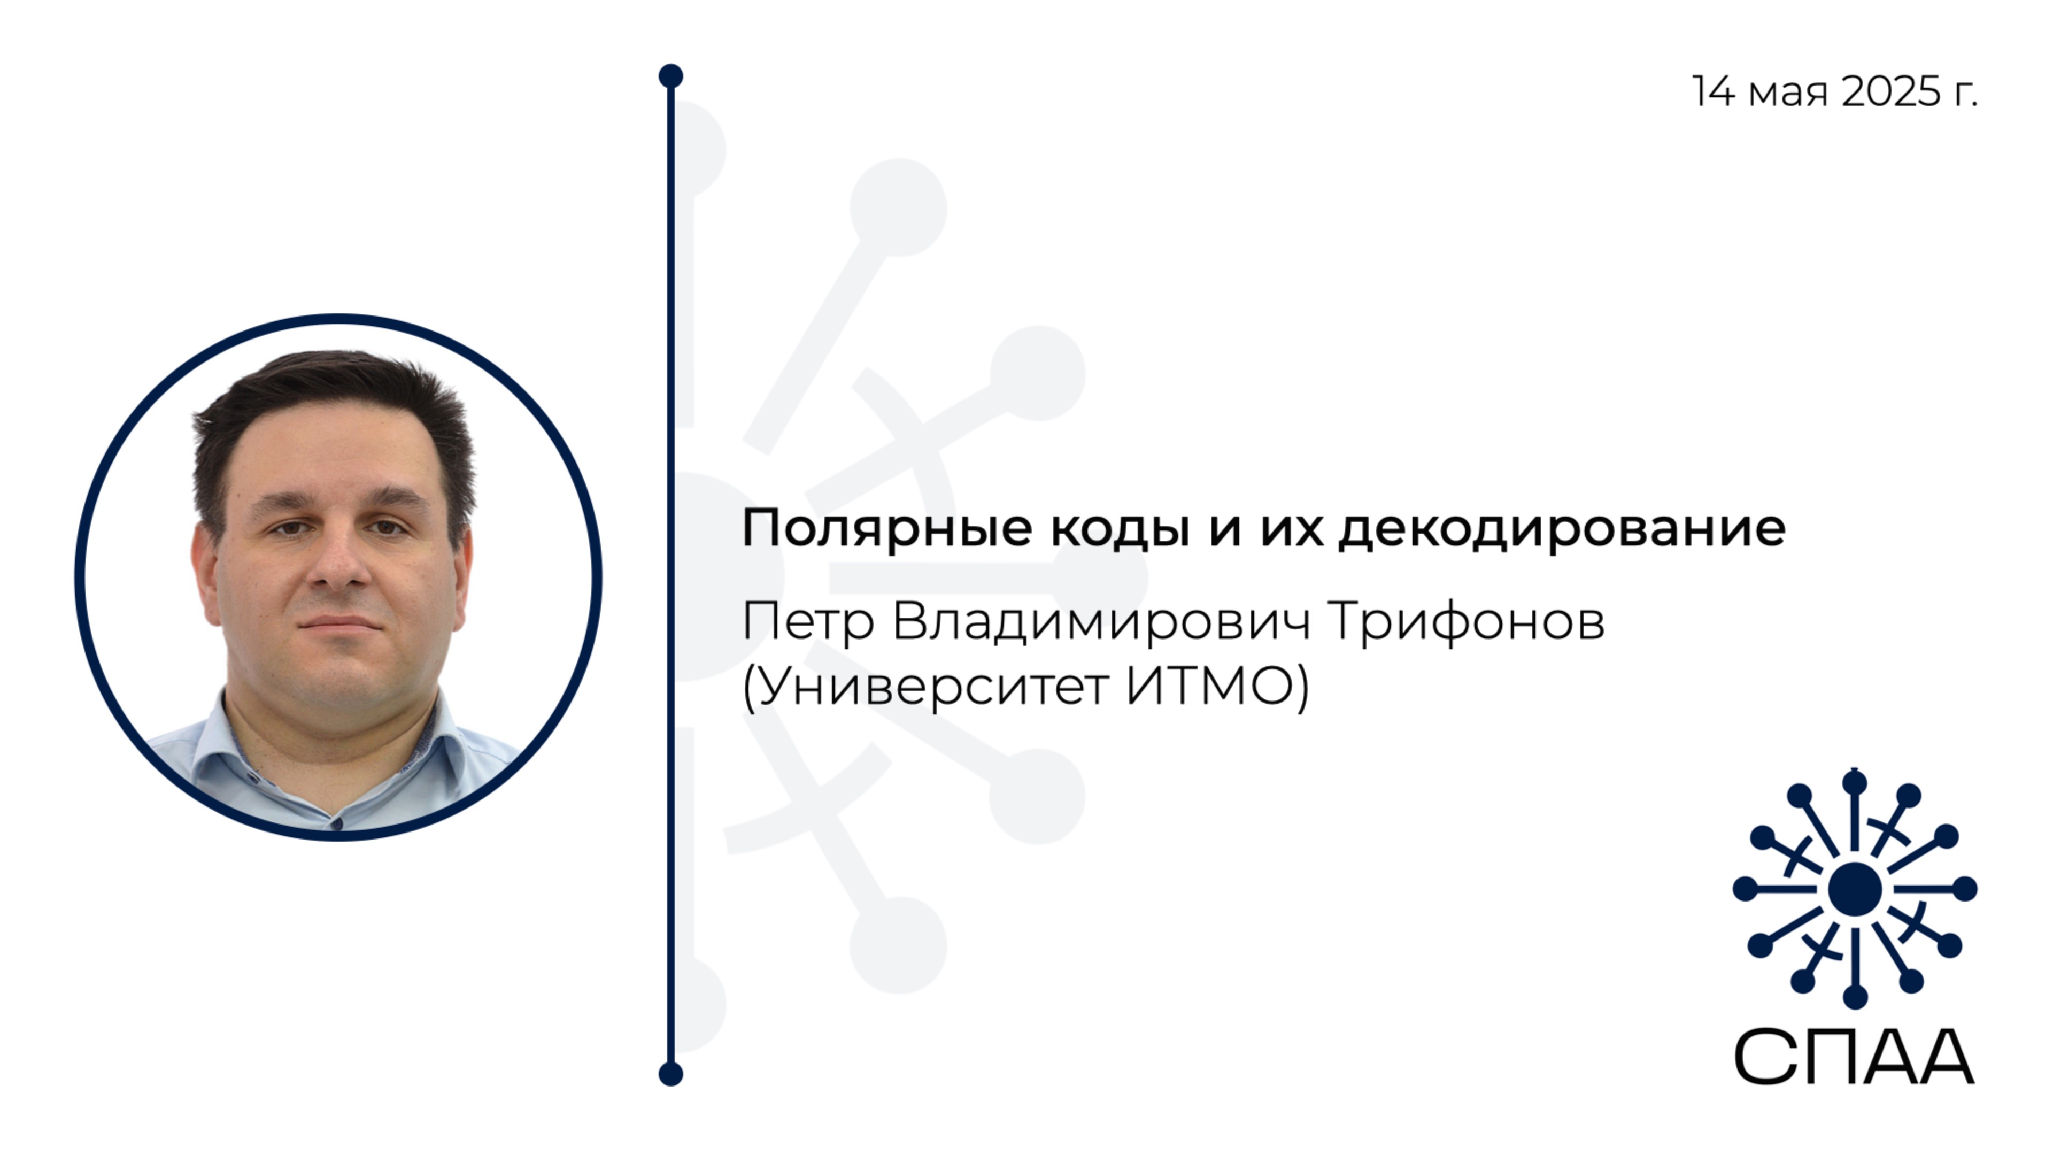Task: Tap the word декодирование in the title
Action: click(1562, 528)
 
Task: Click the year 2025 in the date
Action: click(1891, 91)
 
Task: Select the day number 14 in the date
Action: click(1712, 91)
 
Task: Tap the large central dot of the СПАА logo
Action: click(1855, 889)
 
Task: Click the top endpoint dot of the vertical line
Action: click(671, 76)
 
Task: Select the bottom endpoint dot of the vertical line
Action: click(671, 1074)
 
